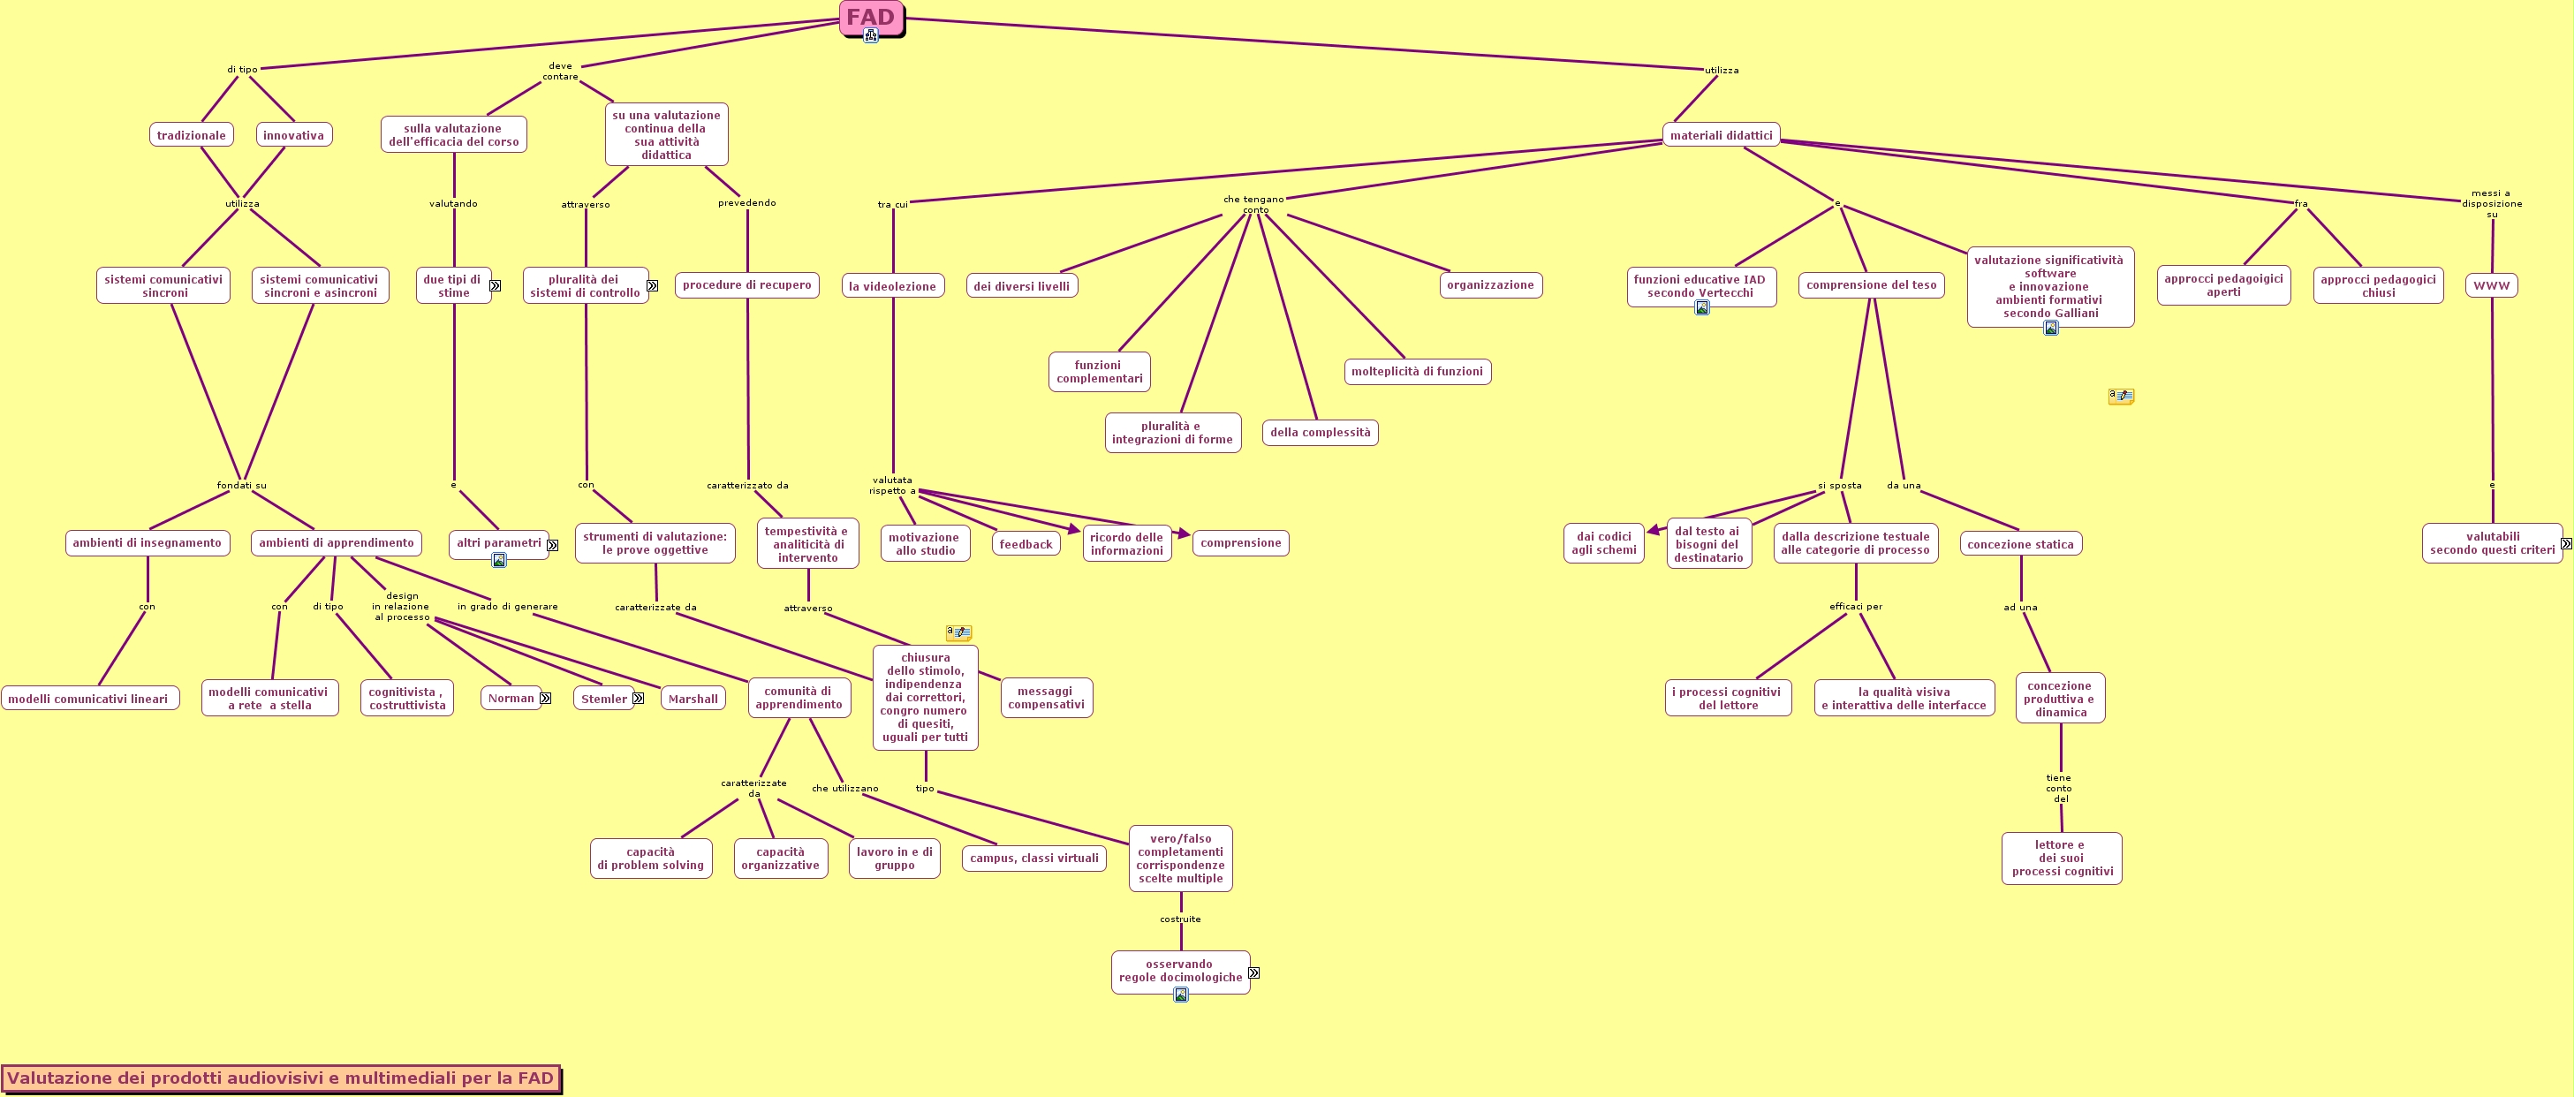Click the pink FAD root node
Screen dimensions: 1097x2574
pyautogui.click(x=870, y=17)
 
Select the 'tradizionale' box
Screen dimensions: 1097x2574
pyautogui.click(x=191, y=135)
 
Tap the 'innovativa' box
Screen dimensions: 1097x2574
pyautogui.click(x=294, y=135)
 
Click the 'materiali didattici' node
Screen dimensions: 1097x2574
pyautogui.click(x=1721, y=135)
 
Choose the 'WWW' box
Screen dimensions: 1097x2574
pyautogui.click(x=2491, y=286)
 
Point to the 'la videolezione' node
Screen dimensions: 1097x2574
pyautogui.click(x=892, y=286)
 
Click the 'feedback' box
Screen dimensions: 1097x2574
pyautogui.click(x=1026, y=543)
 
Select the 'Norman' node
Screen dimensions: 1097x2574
pyautogui.click(x=511, y=699)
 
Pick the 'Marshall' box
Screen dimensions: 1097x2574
pyautogui.click(x=693, y=699)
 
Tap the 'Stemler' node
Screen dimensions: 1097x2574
pyautogui.click(x=603, y=699)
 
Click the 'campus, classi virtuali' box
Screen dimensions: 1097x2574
pyautogui.click(x=1033, y=859)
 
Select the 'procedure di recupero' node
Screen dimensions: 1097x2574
pyautogui.click(x=746, y=284)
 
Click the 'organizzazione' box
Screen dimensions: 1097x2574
pyautogui.click(x=1490, y=284)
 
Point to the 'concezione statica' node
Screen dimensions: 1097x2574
pyautogui.click(x=2020, y=543)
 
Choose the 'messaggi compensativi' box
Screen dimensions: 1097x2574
pyautogui.click(x=1046, y=698)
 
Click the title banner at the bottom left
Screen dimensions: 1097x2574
pyautogui.click(x=281, y=1078)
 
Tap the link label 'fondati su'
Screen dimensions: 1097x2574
pyautogui.click(x=242, y=486)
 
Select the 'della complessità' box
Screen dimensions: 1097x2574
pyautogui.click(x=1320, y=433)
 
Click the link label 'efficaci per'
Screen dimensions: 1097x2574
pyautogui.click(x=1856, y=607)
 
